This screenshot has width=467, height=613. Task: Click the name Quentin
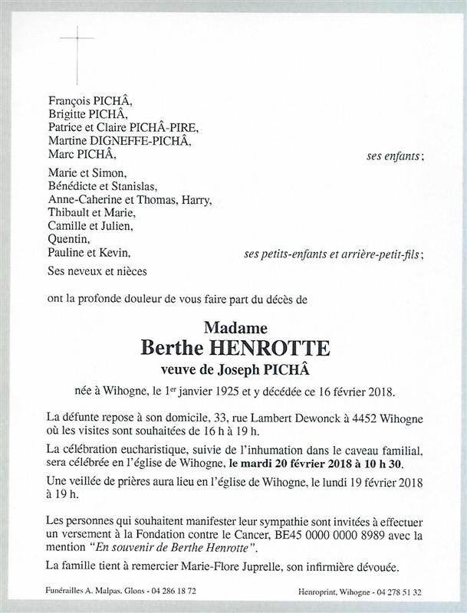[65, 241]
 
